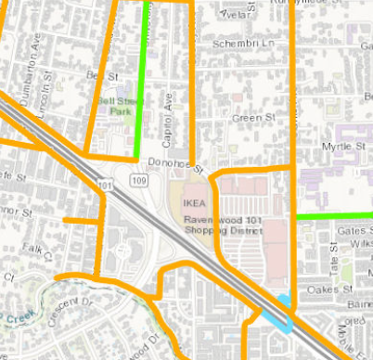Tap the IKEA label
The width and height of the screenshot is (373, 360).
193,199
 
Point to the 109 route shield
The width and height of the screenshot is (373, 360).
139,178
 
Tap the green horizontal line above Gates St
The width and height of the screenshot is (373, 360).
334,216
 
